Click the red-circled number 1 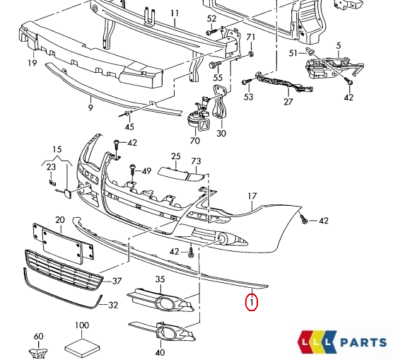tap(251, 303)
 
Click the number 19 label tap(33, 63)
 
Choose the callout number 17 tap(252, 195)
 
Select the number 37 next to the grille tap(117, 281)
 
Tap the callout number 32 tap(112, 306)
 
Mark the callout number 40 tap(160, 352)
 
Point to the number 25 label tap(176, 156)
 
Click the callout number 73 tap(196, 161)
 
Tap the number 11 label tap(175, 13)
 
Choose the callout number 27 tap(288, 102)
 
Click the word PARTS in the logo tap(363, 342)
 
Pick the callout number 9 tap(90, 108)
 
